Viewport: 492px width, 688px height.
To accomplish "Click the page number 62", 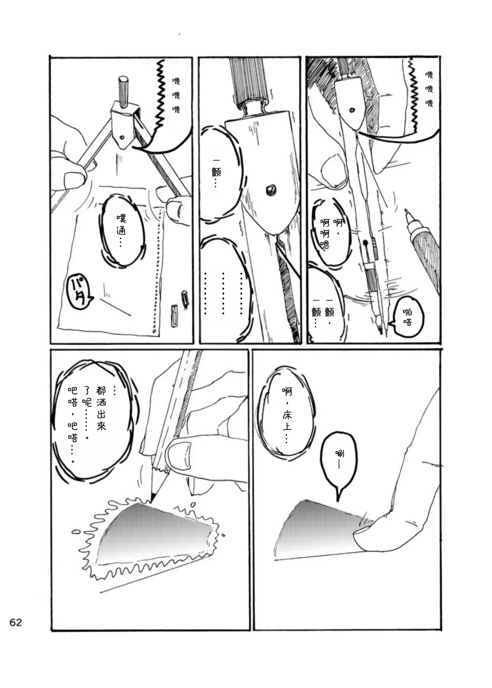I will click(x=16, y=623).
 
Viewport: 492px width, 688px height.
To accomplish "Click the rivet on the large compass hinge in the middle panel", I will click(x=270, y=190).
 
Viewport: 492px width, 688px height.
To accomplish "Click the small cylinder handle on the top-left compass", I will click(x=123, y=92).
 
